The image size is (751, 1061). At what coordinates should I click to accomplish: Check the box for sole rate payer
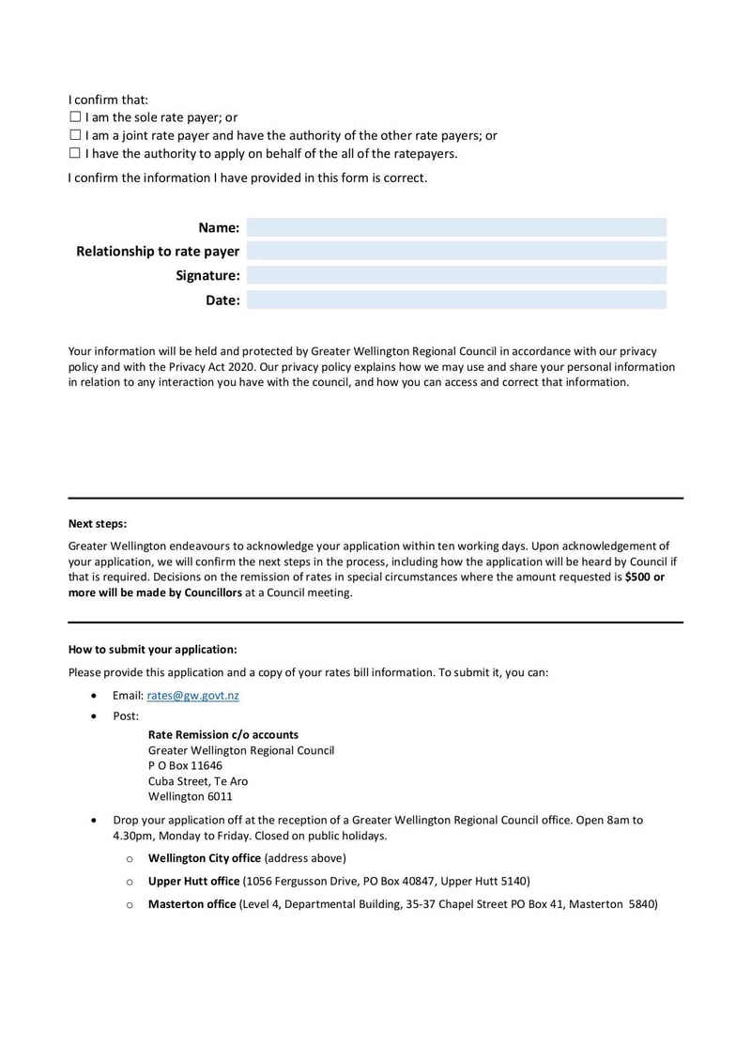tap(75, 117)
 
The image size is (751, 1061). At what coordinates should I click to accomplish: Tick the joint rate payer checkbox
tap(75, 135)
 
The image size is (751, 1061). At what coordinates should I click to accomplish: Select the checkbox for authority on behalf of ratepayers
tap(75, 153)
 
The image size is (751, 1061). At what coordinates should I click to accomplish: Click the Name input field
tap(456, 227)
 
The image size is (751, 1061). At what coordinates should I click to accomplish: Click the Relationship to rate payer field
tap(456, 251)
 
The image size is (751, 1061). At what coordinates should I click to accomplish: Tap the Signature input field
tap(456, 275)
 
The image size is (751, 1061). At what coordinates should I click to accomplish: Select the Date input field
tap(456, 300)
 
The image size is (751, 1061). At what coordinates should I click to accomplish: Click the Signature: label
tap(207, 275)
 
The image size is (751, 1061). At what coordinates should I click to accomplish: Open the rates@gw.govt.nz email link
tap(192, 695)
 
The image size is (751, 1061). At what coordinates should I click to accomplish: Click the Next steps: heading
tap(97, 524)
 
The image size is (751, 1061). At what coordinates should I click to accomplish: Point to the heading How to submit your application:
tap(152, 649)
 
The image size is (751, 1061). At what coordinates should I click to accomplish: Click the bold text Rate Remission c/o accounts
tap(223, 734)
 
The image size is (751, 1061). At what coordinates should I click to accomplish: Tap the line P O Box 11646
tap(185, 765)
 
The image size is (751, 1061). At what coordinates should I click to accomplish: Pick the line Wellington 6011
tap(190, 796)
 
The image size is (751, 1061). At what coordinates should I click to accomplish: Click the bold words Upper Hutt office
tap(193, 881)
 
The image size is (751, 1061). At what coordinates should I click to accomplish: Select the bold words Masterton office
tap(192, 904)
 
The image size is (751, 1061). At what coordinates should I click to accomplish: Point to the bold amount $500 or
tap(644, 577)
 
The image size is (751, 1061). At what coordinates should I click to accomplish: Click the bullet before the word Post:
tap(92, 715)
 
